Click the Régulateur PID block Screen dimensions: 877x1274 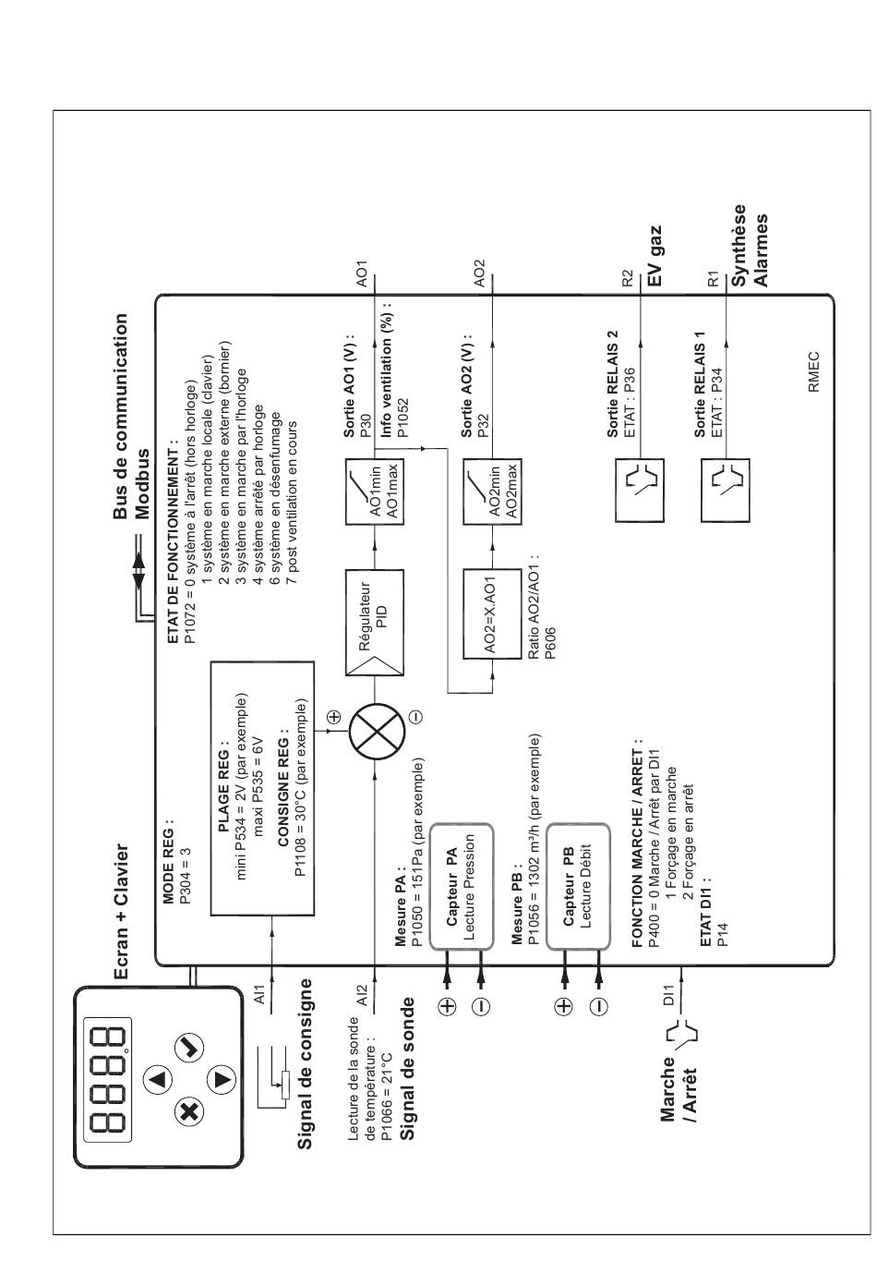(x=375, y=622)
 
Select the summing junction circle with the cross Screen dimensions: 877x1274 (x=377, y=733)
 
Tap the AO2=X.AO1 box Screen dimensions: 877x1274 (x=492, y=614)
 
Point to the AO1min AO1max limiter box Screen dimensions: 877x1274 (x=375, y=491)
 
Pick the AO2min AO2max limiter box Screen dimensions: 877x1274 (x=492, y=491)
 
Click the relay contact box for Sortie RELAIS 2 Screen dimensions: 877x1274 (x=640, y=491)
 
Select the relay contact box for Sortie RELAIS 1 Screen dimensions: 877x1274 (x=726, y=491)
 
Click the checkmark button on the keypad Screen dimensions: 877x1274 (x=188, y=1047)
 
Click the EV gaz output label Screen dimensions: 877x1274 (x=655, y=256)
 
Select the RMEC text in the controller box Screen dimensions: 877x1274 (x=813, y=372)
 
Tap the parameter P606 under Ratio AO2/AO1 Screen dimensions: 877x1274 (x=549, y=643)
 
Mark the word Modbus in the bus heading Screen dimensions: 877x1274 (x=142, y=484)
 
